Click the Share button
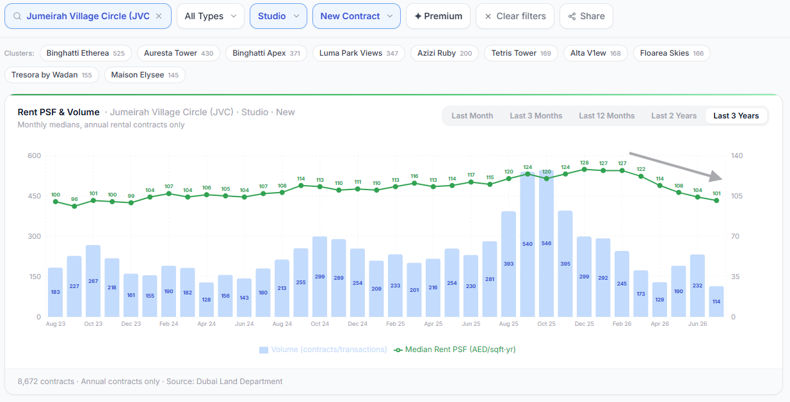point(586,16)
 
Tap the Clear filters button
point(515,16)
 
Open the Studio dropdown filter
point(278,16)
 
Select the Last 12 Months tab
point(607,116)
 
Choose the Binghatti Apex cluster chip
point(266,53)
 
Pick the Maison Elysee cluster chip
point(145,75)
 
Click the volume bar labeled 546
point(546,243)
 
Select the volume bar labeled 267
point(93,280)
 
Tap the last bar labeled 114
point(716,301)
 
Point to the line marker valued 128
point(584,170)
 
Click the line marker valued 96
point(74,206)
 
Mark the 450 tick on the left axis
point(34,196)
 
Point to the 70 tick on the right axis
point(735,236)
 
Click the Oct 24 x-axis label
point(320,324)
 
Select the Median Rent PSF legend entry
point(455,350)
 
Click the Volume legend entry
point(323,350)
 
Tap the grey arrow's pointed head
point(722,179)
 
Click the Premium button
point(438,16)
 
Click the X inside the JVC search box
point(159,16)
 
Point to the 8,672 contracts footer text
point(46,382)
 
